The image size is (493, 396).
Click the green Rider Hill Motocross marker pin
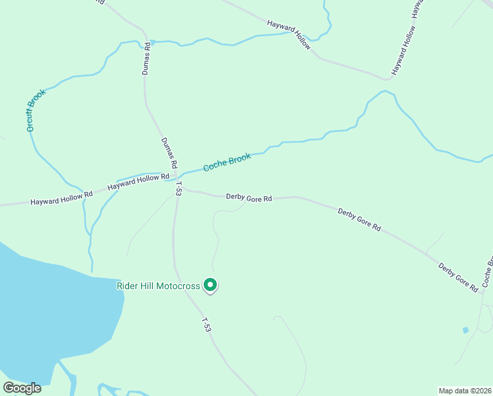(x=210, y=284)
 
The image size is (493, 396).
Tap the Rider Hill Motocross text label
(x=158, y=286)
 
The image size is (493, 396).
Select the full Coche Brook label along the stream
(x=227, y=162)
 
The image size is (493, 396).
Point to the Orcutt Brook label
(x=36, y=110)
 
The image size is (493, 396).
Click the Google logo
(x=22, y=388)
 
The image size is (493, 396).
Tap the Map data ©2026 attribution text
(x=465, y=390)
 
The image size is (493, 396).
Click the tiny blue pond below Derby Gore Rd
(x=466, y=329)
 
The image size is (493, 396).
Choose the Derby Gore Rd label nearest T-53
(x=249, y=197)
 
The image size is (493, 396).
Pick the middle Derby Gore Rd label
(x=359, y=219)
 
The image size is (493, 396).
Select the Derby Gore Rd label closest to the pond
(x=458, y=277)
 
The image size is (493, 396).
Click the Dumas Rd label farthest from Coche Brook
(x=148, y=59)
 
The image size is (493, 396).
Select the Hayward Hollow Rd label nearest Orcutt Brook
(x=61, y=198)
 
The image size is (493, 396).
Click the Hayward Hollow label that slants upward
(x=404, y=50)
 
